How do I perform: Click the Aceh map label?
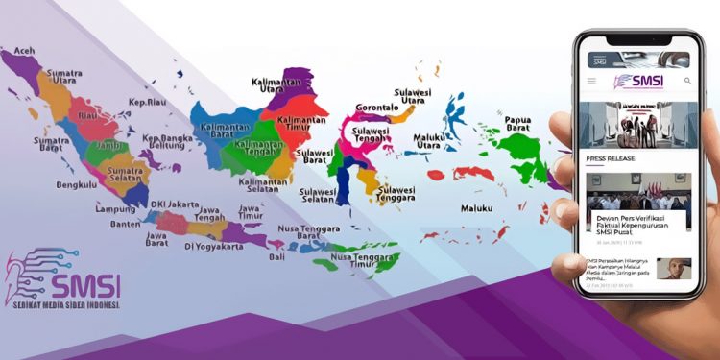pos(24,50)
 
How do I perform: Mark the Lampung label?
pos(114,208)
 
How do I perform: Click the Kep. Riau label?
pos(150,101)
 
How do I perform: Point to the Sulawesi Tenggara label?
pos(395,195)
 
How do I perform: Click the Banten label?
pos(125,225)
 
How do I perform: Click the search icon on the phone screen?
pos(687,82)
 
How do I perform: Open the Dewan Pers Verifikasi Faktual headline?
pos(636,223)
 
